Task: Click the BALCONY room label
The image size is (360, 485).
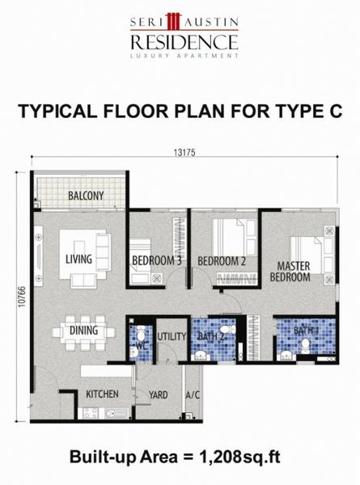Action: pos(86,196)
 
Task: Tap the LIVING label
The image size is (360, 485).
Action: pos(78,259)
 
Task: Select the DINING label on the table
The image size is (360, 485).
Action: pos(83,331)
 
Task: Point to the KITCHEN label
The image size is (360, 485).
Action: pos(102,394)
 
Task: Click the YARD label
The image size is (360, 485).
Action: pos(159,395)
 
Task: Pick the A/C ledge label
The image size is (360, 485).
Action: pos(193,395)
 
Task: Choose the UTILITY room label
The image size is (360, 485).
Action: pos(172,336)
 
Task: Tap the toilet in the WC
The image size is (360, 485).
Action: pos(141,332)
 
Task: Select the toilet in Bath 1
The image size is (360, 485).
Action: pos(306,347)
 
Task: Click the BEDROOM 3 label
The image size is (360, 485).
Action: pos(157,261)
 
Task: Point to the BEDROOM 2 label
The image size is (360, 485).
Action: pos(222,261)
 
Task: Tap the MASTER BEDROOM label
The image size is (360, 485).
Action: pos(290,272)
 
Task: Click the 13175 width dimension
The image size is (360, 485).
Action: pos(184,153)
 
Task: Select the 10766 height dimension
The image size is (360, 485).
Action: pos(21,297)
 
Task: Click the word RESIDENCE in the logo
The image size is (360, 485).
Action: pos(184,42)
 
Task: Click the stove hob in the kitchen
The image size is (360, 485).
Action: pos(91,413)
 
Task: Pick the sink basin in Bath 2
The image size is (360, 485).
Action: pos(201,356)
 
